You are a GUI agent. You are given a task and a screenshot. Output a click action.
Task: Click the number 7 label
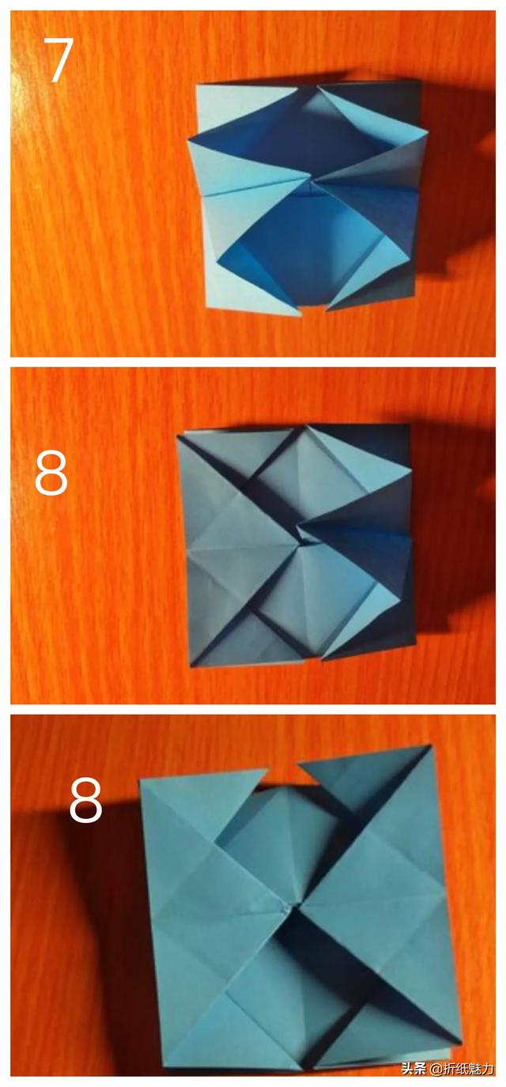[x=59, y=60]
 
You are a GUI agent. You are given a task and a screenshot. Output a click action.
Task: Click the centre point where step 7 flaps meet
[x=310, y=181]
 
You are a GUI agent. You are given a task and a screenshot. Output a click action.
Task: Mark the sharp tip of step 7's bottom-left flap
[x=300, y=315]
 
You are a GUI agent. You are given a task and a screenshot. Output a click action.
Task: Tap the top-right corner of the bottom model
[x=430, y=745]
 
